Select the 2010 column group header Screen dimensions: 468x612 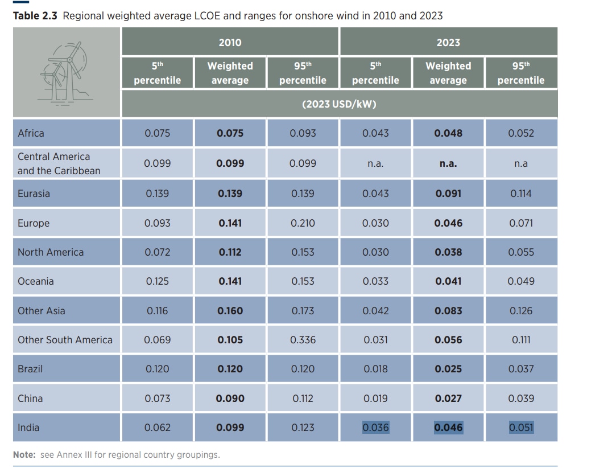[230, 43]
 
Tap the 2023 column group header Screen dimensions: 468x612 [448, 43]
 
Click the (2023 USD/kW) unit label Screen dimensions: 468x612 [339, 104]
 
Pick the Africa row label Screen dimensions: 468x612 [31, 133]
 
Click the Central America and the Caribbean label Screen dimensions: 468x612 [59, 163]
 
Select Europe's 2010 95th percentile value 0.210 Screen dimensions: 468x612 [303, 223]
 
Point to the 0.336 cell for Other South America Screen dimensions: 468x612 [303, 340]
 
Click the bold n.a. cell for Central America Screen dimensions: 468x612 [448, 163]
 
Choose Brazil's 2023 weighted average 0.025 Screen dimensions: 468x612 [448, 369]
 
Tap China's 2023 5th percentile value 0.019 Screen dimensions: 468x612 [375, 399]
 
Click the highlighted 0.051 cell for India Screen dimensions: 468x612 [521, 428]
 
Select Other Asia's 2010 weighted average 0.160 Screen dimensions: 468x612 [230, 311]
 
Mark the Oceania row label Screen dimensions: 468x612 [36, 281]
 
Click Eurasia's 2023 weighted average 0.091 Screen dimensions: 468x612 [448, 194]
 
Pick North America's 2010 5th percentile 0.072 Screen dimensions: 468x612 [157, 252]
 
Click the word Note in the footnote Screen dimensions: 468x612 [24, 455]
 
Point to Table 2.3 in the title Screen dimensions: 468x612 [35, 15]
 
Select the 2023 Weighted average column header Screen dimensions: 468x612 [448, 73]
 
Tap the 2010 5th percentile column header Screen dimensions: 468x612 [157, 73]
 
